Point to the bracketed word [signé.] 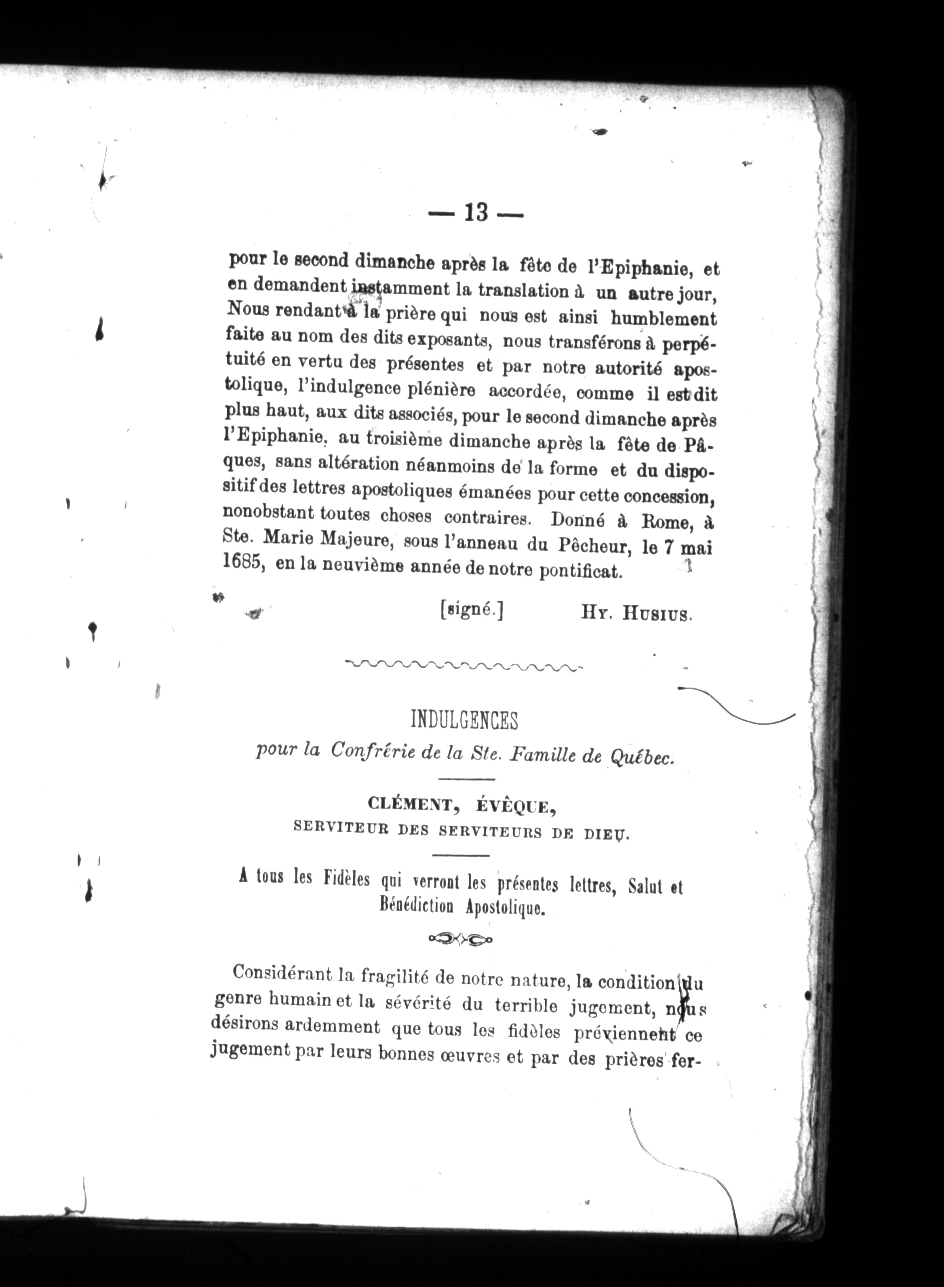pyautogui.click(x=472, y=610)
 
